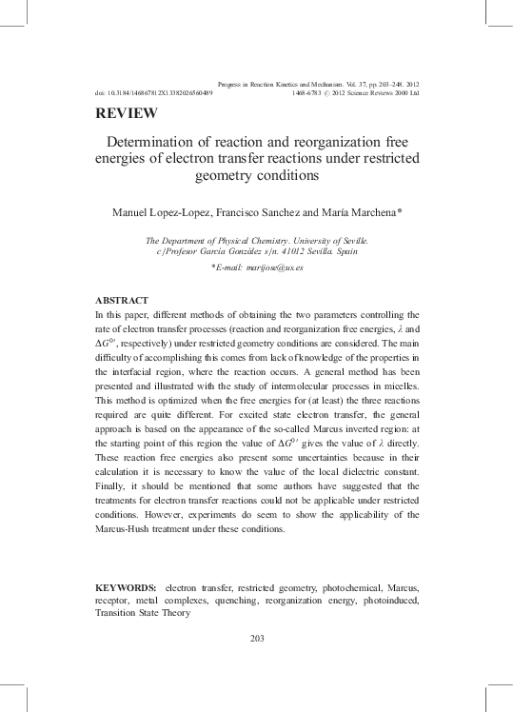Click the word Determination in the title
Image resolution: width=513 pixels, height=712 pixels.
point(156,142)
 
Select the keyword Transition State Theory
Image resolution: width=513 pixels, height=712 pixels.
point(143,613)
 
